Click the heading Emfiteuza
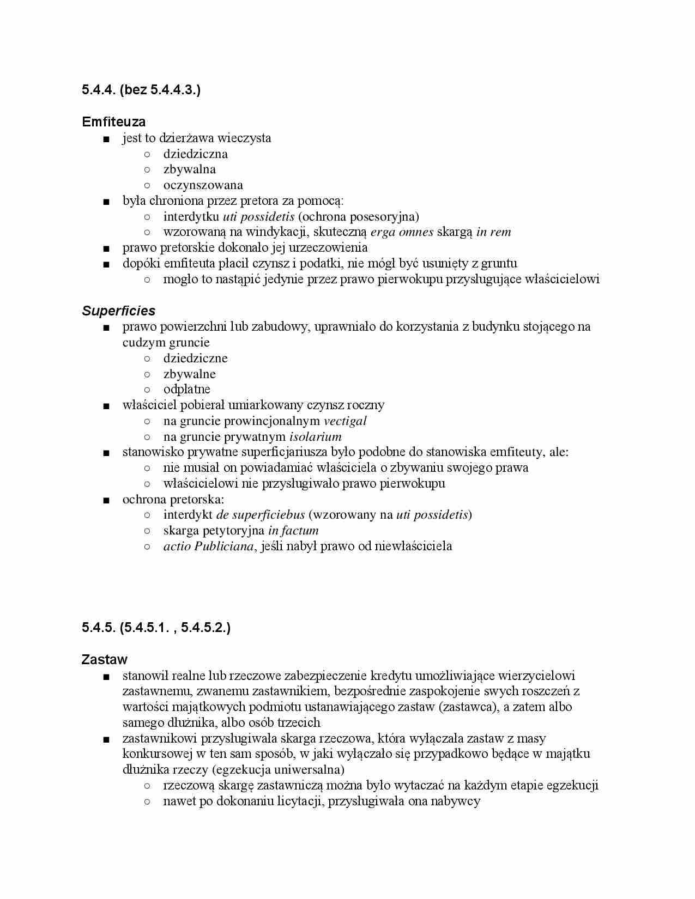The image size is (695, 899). click(x=113, y=122)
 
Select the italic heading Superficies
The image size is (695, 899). click(x=118, y=311)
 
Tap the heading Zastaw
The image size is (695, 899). click(x=104, y=659)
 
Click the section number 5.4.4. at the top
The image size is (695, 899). click(x=99, y=89)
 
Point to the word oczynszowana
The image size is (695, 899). click(x=203, y=185)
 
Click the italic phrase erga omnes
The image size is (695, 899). click(x=402, y=232)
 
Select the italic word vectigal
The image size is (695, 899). click(x=345, y=421)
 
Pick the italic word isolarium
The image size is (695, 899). click(x=315, y=436)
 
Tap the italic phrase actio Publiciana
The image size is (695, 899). click(x=209, y=546)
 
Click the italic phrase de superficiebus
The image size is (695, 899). click(x=261, y=514)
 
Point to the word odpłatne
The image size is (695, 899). click(x=186, y=389)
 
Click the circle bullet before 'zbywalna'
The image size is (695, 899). click(x=147, y=169)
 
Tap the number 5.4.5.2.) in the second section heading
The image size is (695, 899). click(x=206, y=628)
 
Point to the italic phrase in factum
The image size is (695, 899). click(x=293, y=530)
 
